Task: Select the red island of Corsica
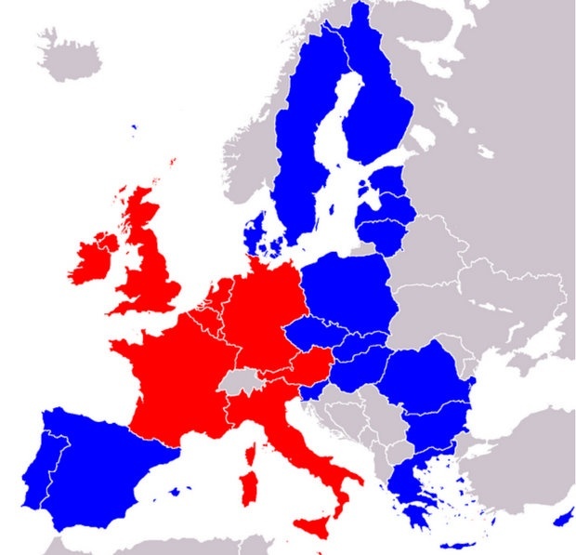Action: click(x=250, y=453)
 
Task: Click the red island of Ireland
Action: click(x=93, y=260)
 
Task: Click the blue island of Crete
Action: click(x=455, y=545)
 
